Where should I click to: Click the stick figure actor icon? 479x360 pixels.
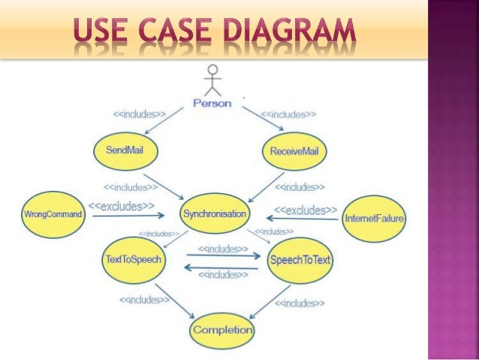[213, 80]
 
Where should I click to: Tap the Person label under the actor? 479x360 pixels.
[212, 103]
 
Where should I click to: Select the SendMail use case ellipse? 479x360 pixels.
[125, 150]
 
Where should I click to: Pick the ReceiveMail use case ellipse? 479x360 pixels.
[294, 151]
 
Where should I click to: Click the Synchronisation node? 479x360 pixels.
[215, 214]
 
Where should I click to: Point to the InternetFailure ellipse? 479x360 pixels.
[374, 219]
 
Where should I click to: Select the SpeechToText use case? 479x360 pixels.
[300, 260]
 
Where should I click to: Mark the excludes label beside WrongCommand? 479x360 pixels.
[122, 206]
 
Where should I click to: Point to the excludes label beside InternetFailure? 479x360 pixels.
[305, 210]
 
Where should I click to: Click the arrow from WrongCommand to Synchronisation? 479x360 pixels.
[131, 216]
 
